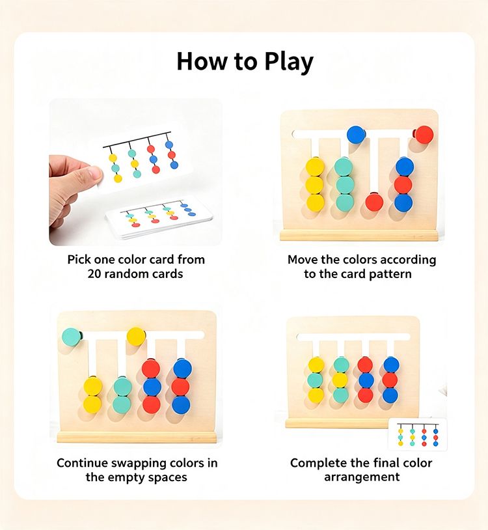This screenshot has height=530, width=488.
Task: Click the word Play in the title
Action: click(289, 63)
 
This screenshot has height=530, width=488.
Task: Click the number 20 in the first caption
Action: click(94, 273)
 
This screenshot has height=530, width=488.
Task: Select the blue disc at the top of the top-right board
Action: click(356, 134)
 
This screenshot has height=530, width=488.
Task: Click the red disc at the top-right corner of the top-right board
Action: click(424, 135)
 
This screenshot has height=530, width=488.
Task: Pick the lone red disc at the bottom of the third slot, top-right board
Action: click(374, 202)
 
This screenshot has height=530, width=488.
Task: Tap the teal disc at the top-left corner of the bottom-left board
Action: click(72, 337)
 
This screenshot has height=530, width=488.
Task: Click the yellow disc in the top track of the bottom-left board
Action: click(136, 337)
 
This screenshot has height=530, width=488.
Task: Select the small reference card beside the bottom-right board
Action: click(418, 434)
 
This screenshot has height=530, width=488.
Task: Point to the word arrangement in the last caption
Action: click(362, 477)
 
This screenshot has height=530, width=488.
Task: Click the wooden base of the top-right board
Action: click(359, 235)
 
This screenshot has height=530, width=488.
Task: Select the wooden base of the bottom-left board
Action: click(137, 437)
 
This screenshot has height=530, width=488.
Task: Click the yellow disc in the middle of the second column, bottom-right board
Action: click(340, 380)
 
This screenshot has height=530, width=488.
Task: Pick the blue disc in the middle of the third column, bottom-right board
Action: click(366, 380)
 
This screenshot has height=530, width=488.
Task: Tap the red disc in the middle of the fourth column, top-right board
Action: click(403, 185)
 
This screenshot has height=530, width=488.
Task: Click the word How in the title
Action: click(202, 61)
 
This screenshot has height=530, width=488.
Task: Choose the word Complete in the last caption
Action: click(314, 463)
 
